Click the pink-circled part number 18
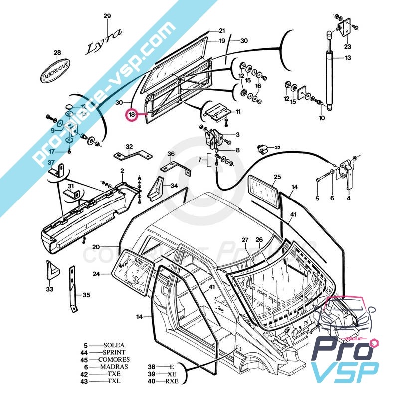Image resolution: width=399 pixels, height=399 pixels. click(x=132, y=115)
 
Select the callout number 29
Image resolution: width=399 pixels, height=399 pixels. click(x=107, y=16)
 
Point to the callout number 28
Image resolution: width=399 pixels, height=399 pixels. click(x=57, y=53)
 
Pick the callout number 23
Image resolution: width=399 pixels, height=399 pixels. click(x=347, y=47)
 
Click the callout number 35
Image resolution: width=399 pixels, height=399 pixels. click(x=86, y=295)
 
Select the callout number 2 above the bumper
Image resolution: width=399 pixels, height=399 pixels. click(x=122, y=171)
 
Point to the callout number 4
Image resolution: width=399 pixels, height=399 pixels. click(x=348, y=198)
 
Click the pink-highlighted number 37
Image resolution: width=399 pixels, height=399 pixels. click(x=51, y=163)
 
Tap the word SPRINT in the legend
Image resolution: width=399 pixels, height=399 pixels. click(x=114, y=352)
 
